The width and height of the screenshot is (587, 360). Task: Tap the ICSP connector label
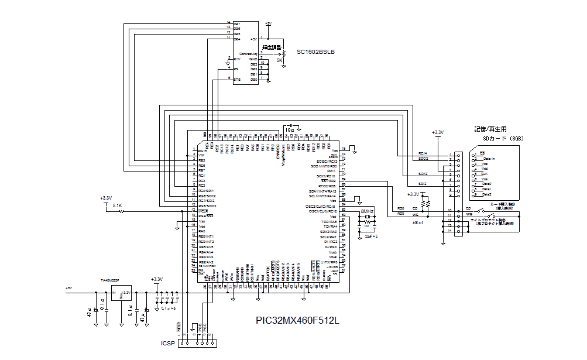[167, 343]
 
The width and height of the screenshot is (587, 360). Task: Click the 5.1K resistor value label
[116, 205]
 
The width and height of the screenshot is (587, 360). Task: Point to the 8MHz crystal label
[367, 211]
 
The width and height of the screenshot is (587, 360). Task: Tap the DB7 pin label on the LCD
[237, 23]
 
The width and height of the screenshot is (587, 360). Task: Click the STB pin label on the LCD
[237, 79]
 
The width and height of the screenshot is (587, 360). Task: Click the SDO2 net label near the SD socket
[423, 159]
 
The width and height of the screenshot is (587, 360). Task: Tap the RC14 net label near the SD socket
[423, 153]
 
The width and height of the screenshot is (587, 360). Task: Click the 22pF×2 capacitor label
[371, 236]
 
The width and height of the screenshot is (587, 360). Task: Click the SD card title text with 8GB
[498, 138]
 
